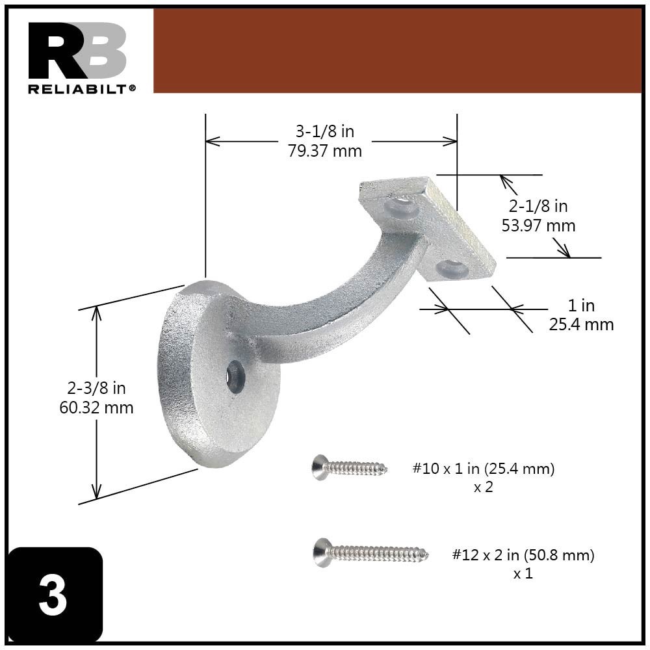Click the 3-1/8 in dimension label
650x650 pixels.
[324, 131]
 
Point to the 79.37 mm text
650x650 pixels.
[324, 151]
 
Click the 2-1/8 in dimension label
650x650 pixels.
[538, 206]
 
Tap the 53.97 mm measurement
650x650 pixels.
[538, 226]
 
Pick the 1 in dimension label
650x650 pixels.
[580, 305]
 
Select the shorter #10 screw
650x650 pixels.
[349, 467]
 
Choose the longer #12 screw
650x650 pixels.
[371, 553]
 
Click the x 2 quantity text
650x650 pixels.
[483, 487]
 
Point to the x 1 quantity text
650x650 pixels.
[523, 574]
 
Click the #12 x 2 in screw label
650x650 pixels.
[523, 555]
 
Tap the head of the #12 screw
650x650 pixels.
[321, 552]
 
